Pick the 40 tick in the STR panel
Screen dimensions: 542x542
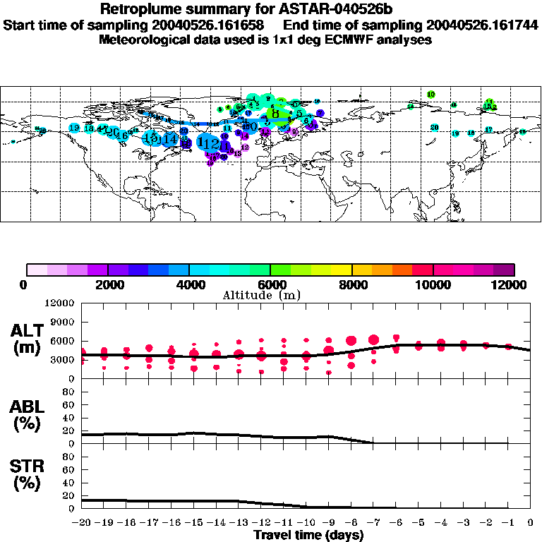coord(70,482)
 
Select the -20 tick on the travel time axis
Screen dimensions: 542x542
coord(80,523)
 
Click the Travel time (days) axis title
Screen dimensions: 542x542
coord(308,535)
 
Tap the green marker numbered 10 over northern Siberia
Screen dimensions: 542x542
coord(430,94)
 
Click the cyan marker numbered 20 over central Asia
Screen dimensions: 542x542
coord(435,127)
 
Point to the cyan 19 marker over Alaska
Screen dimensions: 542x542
coord(74,128)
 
